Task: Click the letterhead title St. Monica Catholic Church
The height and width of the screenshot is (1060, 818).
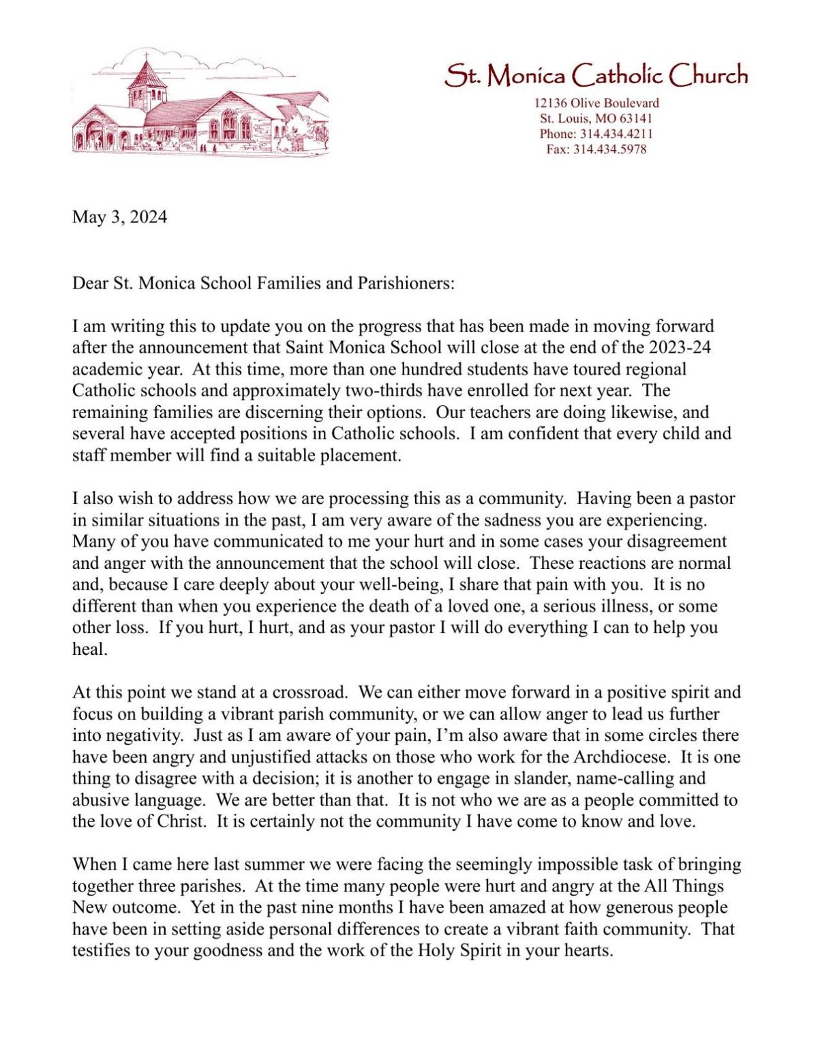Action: [x=596, y=76]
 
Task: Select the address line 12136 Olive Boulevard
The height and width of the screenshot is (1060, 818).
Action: [x=596, y=104]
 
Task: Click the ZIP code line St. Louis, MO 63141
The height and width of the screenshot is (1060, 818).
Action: [x=596, y=119]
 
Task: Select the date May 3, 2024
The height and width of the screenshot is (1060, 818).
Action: [x=119, y=218]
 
